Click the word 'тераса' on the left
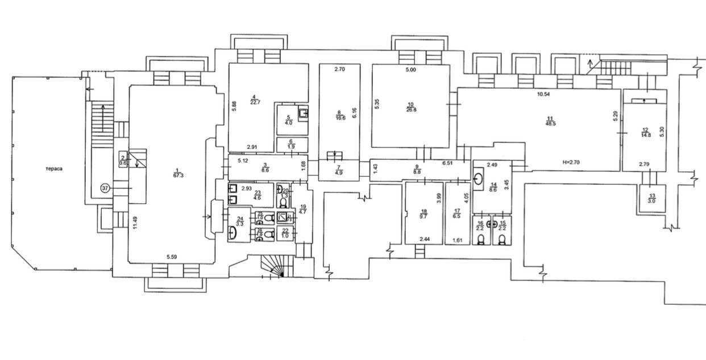55,169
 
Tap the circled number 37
105,187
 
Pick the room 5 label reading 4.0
289,122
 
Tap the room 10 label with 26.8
411,110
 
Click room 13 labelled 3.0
651,200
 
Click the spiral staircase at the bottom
274,267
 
